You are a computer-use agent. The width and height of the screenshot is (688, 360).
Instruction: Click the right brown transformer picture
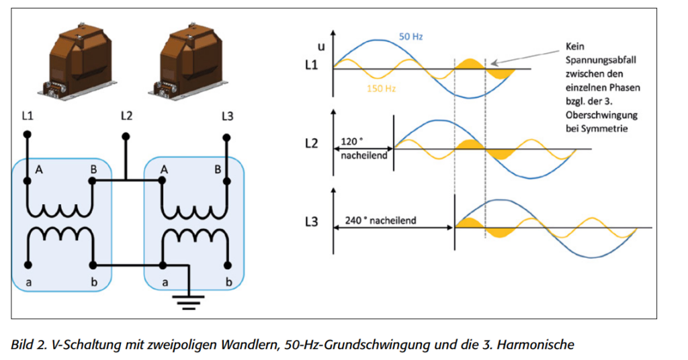point(189,60)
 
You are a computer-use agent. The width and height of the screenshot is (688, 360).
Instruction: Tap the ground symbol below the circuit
point(188,302)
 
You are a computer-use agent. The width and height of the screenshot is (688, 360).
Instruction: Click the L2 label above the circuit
point(126,116)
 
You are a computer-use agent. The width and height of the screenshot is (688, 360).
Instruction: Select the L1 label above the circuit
point(27,116)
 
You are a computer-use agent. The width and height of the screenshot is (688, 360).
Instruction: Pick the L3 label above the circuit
point(227,116)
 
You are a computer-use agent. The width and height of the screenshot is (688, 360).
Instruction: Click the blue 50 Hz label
point(411,37)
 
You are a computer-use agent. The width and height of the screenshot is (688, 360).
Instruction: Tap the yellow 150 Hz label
point(382,89)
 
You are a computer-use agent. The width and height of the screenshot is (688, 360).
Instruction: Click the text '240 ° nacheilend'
point(380,220)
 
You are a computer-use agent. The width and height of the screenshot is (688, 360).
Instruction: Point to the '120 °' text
point(352,142)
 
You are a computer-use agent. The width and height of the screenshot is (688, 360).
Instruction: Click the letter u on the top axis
point(321,46)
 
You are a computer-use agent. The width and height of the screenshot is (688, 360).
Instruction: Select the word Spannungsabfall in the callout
point(601,60)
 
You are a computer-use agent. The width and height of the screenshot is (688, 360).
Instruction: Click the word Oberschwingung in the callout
point(601,115)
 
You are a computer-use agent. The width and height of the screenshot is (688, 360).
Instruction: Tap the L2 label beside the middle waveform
point(311,143)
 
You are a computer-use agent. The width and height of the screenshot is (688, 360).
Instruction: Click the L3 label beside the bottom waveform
point(311,222)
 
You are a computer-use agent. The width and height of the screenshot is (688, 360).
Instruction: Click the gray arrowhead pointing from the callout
point(494,63)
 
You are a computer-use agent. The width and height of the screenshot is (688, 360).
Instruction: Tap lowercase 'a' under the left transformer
point(28,283)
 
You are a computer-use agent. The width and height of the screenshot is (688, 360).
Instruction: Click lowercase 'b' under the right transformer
point(228,282)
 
